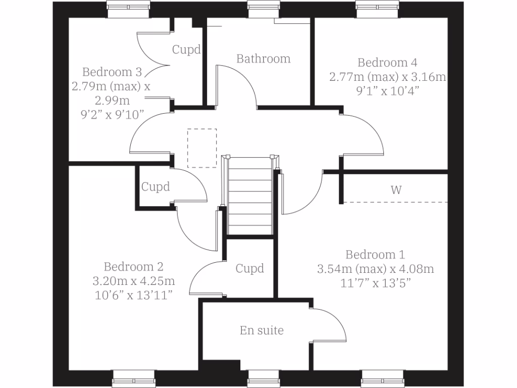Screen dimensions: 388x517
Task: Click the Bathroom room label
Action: pos(264,59)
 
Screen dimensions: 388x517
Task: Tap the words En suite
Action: pos(262,330)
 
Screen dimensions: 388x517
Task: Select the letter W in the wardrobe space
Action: pos(396,190)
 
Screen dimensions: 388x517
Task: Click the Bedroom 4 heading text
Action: pos(387,63)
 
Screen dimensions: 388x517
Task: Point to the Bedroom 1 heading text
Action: pos(375,255)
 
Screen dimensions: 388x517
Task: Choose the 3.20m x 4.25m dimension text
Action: pos(133,281)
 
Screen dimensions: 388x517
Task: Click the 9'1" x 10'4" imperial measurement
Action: pos(387,91)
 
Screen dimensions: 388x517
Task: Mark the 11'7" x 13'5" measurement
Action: pos(375,283)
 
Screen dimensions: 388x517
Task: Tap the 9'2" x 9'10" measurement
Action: pos(111,114)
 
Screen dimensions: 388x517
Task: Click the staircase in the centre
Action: pos(251,197)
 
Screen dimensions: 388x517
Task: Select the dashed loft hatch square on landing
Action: pos(202,148)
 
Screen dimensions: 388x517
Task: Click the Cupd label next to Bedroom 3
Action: pos(186,50)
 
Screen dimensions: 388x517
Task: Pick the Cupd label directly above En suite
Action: pos(250,268)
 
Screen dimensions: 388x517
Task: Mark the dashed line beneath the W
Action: pos(396,203)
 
